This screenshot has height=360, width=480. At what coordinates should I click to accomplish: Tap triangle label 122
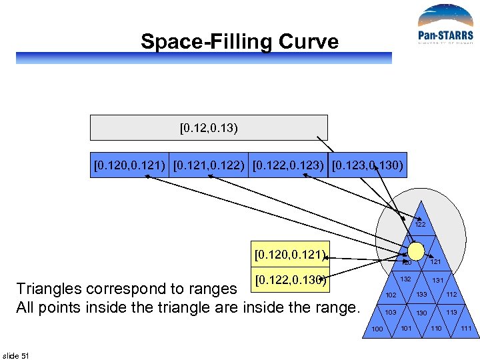[x=420, y=225]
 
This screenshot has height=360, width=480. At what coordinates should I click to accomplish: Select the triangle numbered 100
[x=377, y=329]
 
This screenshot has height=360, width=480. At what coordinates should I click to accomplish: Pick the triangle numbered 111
[x=466, y=329]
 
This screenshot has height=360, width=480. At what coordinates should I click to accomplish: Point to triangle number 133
[x=421, y=295]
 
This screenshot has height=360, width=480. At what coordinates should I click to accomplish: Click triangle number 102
[x=391, y=295]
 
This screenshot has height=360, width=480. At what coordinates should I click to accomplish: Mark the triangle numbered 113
[x=451, y=312]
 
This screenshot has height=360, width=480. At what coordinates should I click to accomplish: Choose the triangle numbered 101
[x=406, y=328]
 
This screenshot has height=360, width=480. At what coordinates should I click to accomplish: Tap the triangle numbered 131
[x=437, y=281]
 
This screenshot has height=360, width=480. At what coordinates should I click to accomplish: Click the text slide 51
[x=16, y=355]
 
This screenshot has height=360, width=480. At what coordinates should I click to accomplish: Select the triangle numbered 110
[x=436, y=329]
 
